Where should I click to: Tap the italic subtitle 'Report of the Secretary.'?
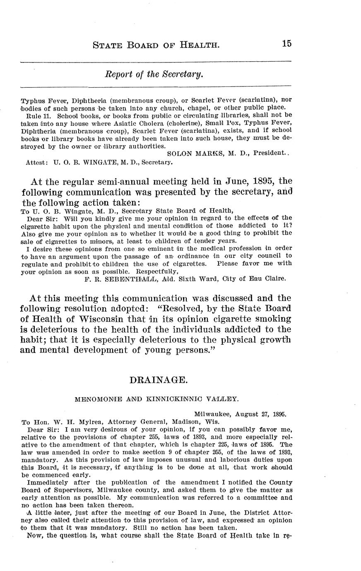154,74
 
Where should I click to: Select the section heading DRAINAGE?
155,380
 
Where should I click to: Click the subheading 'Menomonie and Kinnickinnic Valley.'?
156,399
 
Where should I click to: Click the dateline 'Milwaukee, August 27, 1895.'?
240,413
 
